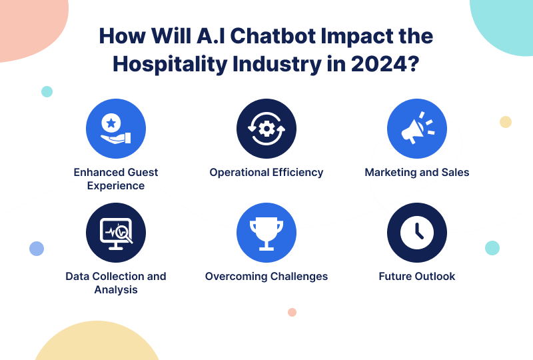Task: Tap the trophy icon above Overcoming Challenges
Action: click(x=266, y=234)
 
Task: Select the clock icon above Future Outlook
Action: click(x=417, y=233)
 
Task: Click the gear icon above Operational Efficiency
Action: click(x=266, y=129)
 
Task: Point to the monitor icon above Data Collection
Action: click(x=116, y=233)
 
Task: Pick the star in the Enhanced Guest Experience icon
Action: click(x=111, y=123)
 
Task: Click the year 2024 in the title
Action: click(x=378, y=63)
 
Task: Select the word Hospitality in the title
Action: click(x=170, y=64)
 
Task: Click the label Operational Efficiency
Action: click(x=266, y=173)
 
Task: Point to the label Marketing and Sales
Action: click(x=417, y=173)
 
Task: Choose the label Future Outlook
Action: click(x=417, y=276)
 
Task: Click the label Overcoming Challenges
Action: click(x=266, y=277)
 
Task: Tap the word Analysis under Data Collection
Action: click(x=116, y=290)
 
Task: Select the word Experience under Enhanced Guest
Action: click(x=116, y=186)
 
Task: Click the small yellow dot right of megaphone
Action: click(x=506, y=122)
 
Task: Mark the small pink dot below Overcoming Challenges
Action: click(x=292, y=313)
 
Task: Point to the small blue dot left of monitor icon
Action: click(x=37, y=249)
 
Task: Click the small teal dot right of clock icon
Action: click(x=492, y=248)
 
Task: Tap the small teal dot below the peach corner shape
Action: click(x=47, y=91)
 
